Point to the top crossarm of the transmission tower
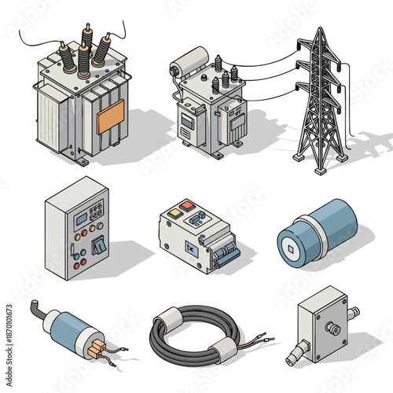tap(321, 54)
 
